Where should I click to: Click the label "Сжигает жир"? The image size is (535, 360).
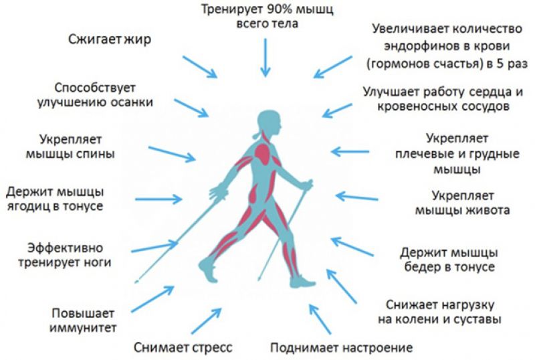coord(110,39)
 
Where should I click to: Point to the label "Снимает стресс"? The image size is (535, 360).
coord(183,347)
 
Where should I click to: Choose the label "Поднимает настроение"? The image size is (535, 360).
coord(342,348)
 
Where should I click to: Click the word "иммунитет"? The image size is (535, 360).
coord(83,328)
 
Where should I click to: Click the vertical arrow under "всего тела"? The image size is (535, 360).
coord(265,58)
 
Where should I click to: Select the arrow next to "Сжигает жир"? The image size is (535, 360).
coord(200,67)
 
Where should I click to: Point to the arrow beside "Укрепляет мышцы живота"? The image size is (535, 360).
coord(356,197)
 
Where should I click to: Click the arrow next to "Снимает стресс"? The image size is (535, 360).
coord(207,321)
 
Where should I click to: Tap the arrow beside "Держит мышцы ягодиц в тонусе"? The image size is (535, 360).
coord(158,199)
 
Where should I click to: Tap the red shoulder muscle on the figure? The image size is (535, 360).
coord(263,153)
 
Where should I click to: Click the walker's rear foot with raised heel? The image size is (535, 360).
coord(208,270)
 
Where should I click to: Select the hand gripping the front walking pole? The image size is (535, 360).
coord(307,185)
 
